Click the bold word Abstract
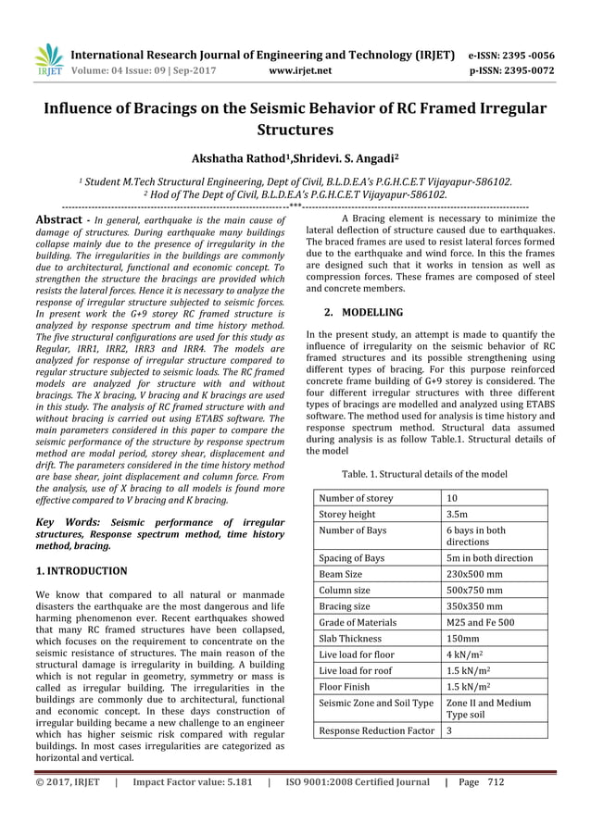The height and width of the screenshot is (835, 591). (x=57, y=219)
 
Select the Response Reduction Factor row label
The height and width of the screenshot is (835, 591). (x=375, y=730)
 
